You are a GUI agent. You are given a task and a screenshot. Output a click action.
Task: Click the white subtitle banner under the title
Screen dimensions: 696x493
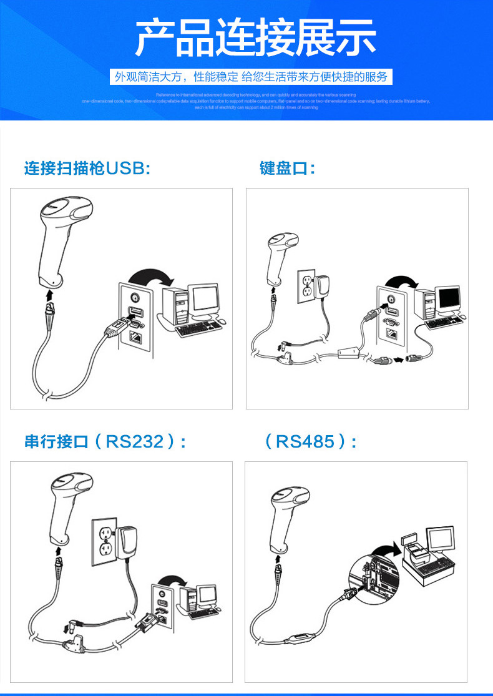click(250, 77)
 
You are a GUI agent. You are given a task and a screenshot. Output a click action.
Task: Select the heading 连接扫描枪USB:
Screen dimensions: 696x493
click(87, 169)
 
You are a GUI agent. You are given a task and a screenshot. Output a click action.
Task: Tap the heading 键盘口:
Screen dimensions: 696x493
click(287, 169)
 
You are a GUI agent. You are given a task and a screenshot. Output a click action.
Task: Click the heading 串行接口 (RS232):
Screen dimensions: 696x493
click(105, 442)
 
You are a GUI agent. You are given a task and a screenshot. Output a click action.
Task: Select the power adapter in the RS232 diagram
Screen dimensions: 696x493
click(127, 542)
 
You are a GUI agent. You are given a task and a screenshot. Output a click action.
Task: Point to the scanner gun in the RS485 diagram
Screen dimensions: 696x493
click(287, 518)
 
